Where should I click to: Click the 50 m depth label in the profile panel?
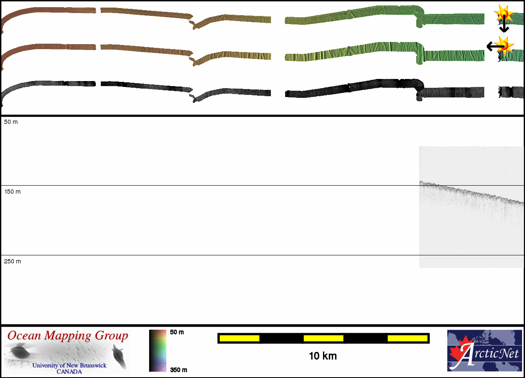[11, 122]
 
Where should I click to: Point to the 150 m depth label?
[12, 192]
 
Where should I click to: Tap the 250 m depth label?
[12, 261]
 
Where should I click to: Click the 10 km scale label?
[323, 356]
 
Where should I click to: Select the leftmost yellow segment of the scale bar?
[239, 338]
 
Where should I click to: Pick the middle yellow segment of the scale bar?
[323, 338]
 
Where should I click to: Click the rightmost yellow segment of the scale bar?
[407, 338]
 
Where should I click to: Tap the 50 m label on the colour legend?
[177, 332]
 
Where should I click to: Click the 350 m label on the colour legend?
[178, 370]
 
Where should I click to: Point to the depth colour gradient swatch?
[157, 351]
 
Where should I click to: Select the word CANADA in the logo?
[69, 371]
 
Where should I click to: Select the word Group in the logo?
[111, 336]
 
